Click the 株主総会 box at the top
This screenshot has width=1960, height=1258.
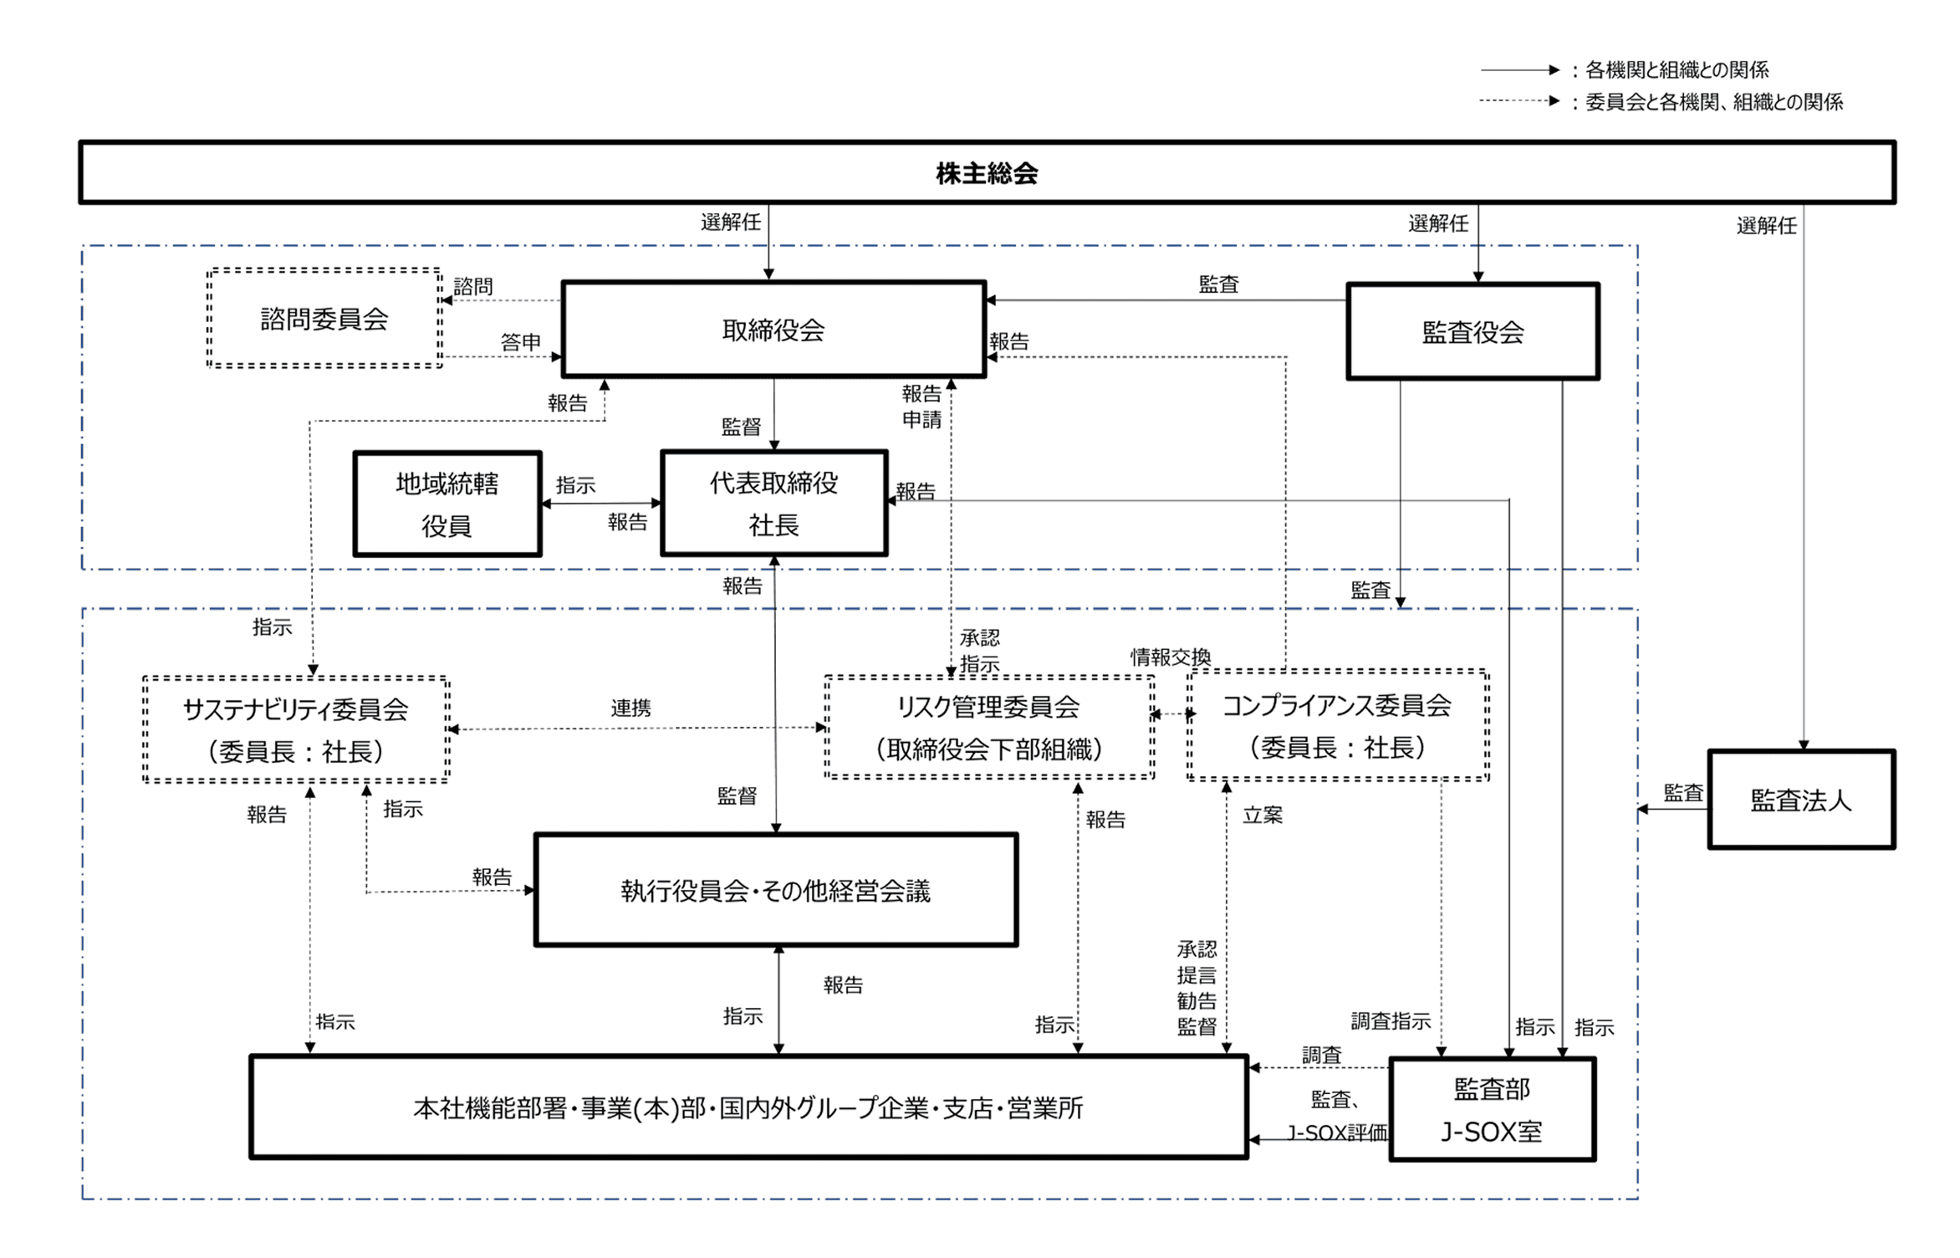point(987,172)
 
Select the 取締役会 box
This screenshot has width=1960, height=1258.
point(773,330)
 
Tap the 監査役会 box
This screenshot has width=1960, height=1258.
point(1473,332)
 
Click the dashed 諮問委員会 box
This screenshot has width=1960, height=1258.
point(324,318)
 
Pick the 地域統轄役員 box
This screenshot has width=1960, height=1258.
point(447,504)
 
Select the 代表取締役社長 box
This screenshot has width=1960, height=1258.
point(773,503)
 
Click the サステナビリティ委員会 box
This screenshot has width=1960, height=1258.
point(296,729)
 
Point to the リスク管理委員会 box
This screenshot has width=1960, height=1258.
point(988,727)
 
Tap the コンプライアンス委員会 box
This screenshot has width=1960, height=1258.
point(1337,725)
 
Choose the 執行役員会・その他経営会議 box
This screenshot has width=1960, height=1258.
point(775,890)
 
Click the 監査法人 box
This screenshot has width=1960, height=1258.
point(1801,800)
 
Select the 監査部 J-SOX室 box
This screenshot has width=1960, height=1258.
point(1492,1109)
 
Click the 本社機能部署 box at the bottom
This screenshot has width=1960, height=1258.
point(748,1107)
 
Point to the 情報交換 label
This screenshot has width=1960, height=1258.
point(1171,657)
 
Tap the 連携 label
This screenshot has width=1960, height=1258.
point(630,708)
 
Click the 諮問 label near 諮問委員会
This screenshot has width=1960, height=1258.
point(473,286)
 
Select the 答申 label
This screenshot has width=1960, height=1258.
point(520,342)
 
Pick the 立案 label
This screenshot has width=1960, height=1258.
point(1262,815)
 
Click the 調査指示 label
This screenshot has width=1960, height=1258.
point(1391,1020)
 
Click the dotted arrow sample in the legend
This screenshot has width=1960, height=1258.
point(1518,101)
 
